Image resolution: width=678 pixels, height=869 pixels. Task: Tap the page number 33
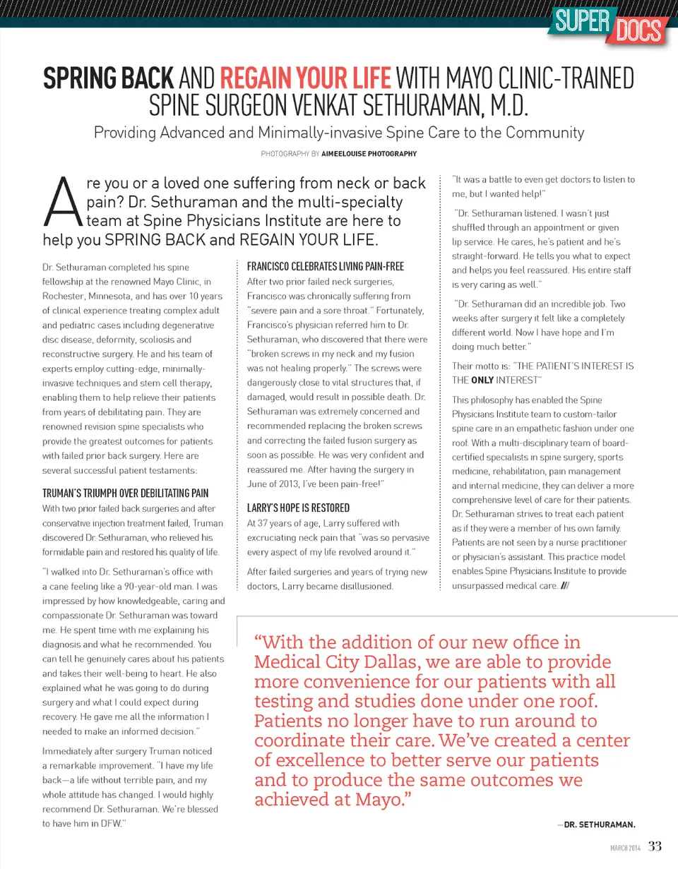pyautogui.click(x=655, y=846)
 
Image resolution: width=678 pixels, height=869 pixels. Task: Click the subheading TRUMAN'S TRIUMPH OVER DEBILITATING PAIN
pyautogui.click(x=126, y=493)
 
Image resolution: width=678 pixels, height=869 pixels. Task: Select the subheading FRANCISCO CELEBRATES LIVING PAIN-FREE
pyautogui.click(x=325, y=267)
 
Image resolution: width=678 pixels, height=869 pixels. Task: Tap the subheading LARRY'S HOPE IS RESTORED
pyautogui.click(x=298, y=508)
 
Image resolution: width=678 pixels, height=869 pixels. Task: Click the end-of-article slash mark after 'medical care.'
pyautogui.click(x=564, y=585)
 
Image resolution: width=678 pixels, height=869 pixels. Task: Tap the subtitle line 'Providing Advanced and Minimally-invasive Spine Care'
pyautogui.click(x=339, y=132)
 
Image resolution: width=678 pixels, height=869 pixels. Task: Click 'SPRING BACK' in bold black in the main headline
pyautogui.click(x=108, y=78)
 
